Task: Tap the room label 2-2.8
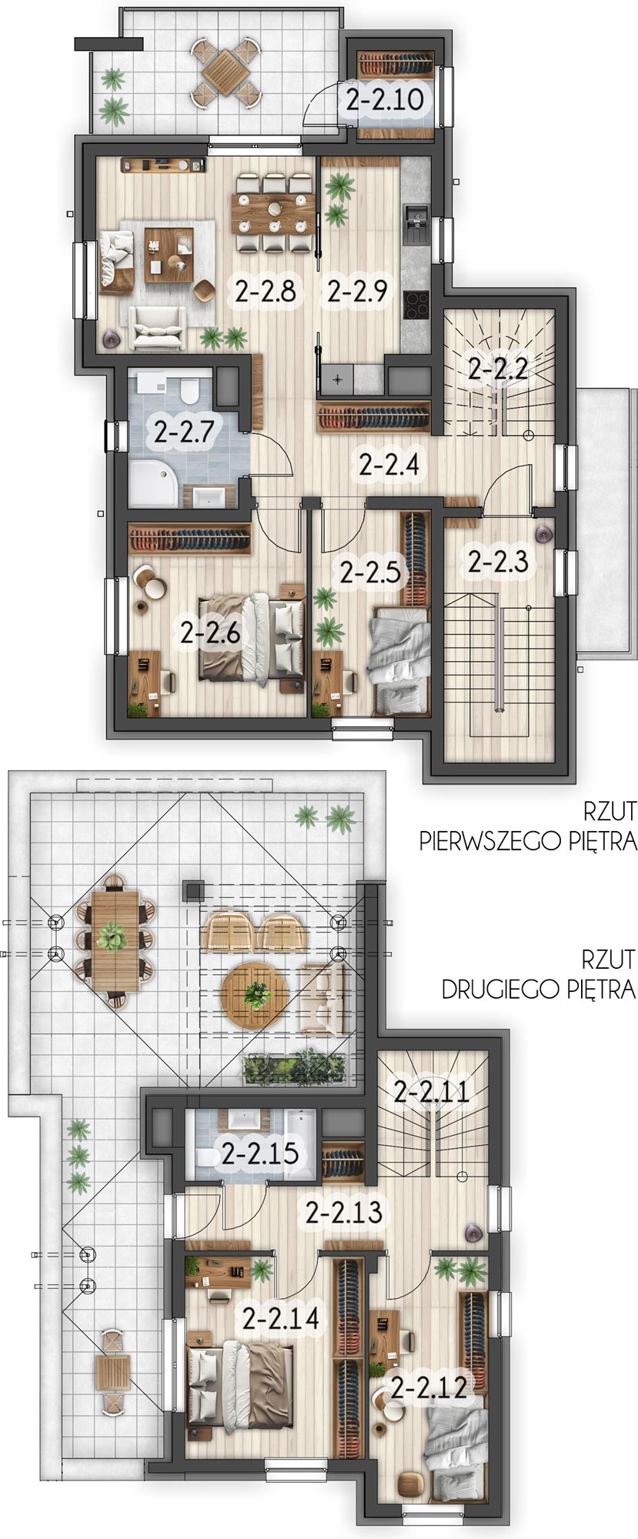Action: pos(266,292)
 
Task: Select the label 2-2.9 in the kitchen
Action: pos(356,292)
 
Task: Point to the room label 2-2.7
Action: pos(182,432)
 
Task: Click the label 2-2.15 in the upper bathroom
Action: pos(259,1154)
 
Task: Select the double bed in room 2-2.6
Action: pos(252,637)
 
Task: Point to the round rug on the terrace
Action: pos(253,996)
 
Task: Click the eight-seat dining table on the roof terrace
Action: pos(115,940)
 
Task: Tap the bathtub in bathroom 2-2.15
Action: pos(300,1143)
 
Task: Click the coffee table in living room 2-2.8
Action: pos(168,255)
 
